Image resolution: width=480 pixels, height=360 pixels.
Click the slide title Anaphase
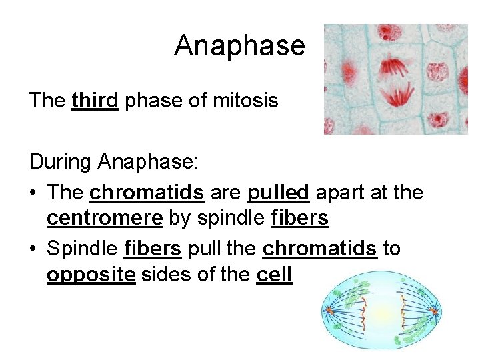[239, 45]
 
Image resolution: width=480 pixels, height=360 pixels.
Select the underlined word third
[95, 101]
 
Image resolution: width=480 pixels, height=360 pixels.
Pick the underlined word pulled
[278, 193]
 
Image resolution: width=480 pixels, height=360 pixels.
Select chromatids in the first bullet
[147, 193]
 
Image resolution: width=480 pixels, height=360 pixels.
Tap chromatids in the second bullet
[320, 249]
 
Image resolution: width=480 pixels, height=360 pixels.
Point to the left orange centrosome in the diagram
[328, 310]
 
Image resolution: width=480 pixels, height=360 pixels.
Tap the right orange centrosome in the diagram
[435, 311]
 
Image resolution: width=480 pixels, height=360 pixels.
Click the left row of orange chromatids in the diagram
[363, 311]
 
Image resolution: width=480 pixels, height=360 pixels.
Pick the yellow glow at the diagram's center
[383, 311]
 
